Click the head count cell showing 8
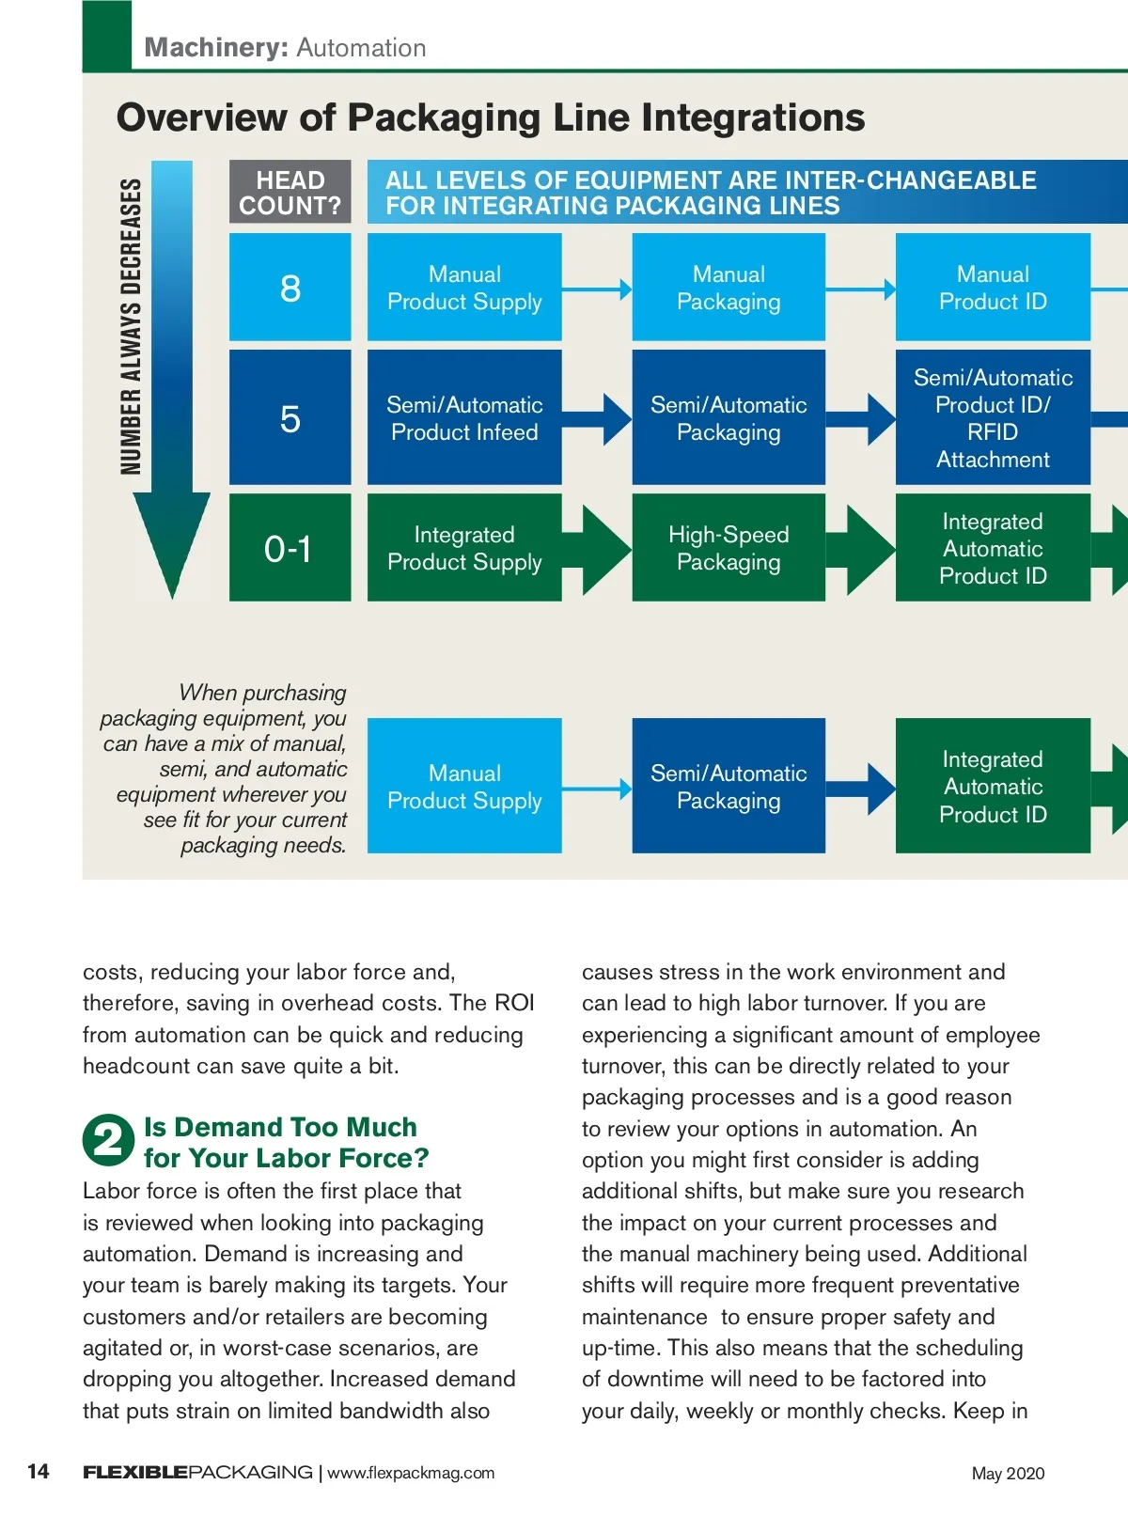pyautogui.click(x=290, y=288)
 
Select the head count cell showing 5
pyautogui.click(x=290, y=418)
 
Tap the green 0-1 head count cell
pyautogui.click(x=290, y=548)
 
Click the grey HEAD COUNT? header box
pyautogui.click(x=290, y=193)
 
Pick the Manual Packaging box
pyautogui.click(x=728, y=288)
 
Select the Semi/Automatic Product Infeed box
pyautogui.click(x=464, y=418)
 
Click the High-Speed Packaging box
pyautogui.click(x=728, y=548)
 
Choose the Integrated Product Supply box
pyautogui.click(x=464, y=548)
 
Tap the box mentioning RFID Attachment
pyautogui.click(x=993, y=418)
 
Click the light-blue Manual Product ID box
pyautogui.click(x=993, y=288)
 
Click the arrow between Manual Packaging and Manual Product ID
pyautogui.click(x=861, y=289)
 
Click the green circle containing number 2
pyautogui.click(x=108, y=1140)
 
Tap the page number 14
pyautogui.click(x=39, y=1471)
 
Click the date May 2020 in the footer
pyautogui.click(x=1008, y=1473)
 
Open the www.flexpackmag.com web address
pyautogui.click(x=411, y=1473)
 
